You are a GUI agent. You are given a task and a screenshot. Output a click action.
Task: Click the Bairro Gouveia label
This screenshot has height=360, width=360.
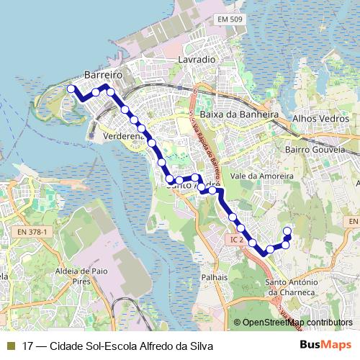pyautogui.click(x=332, y=150)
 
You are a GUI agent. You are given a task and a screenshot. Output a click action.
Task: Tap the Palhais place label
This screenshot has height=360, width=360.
pyautogui.click(x=215, y=276)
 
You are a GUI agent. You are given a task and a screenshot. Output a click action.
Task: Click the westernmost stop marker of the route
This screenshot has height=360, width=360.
pyautogui.click(x=71, y=89)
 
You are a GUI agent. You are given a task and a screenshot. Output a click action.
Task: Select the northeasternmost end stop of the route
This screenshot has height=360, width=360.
pyautogui.click(x=287, y=231)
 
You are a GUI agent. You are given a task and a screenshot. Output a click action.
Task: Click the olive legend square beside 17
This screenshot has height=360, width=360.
pyautogui.click(x=10, y=346)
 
